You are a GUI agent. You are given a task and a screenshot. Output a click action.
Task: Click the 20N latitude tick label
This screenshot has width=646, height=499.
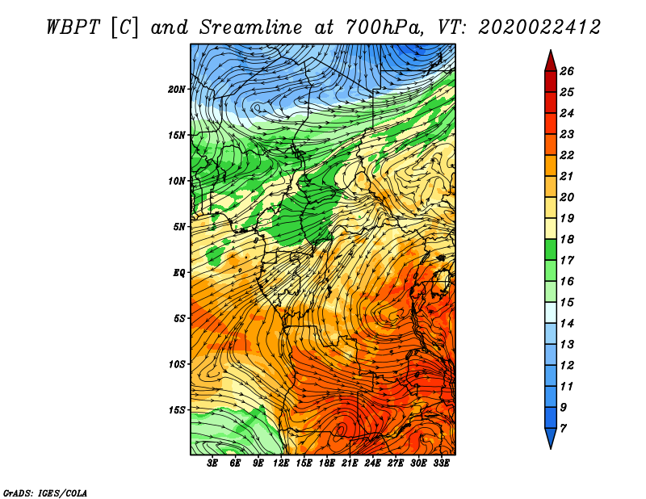pos(177,90)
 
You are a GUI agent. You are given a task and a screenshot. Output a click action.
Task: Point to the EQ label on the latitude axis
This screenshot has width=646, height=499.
pos(179,273)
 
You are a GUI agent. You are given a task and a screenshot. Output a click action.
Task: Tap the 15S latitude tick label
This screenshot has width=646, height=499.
pos(177,410)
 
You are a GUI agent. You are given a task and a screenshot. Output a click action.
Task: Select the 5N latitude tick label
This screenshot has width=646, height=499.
pos(179,227)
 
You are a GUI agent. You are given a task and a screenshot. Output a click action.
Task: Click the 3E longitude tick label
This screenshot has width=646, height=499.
pos(212,463)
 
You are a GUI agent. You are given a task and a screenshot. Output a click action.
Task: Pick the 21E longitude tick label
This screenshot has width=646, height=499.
pos(349,463)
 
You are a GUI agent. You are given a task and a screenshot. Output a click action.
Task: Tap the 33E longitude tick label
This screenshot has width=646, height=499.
pos(441,463)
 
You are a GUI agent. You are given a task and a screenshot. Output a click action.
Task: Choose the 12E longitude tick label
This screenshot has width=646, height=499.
pos(280,463)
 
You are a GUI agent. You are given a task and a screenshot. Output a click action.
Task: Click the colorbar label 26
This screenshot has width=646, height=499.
pos(567,71)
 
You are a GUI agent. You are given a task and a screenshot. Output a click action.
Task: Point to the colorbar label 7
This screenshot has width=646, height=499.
pos(563,429)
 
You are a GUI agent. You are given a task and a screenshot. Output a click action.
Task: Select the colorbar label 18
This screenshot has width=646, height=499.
pos(567,239)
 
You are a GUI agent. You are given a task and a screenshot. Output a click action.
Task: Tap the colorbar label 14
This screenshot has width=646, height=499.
pos(567,324)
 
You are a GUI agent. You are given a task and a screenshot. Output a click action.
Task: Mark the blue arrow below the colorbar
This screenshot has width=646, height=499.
pos(551,437)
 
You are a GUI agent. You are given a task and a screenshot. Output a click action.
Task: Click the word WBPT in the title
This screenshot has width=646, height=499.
pos(73,27)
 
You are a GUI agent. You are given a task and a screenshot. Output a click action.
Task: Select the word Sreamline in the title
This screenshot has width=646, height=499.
pos(251,27)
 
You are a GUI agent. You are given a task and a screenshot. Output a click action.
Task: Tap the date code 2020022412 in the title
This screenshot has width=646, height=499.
pos(539,27)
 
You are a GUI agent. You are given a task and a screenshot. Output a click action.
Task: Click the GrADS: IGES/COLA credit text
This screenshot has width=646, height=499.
pos(45,493)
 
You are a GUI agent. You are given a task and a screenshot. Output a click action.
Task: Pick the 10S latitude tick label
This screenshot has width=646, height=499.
pos(177,364)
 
